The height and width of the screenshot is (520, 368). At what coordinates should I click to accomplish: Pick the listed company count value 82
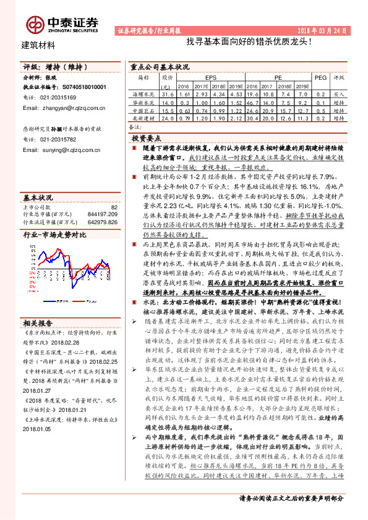[114, 207]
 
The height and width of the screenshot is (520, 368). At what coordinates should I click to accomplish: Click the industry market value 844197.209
[101, 214]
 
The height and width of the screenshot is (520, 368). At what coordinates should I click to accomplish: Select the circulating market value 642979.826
[101, 220]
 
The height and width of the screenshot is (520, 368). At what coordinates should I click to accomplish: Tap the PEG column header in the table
[320, 78]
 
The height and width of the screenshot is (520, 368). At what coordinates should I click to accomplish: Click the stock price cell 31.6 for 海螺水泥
[168, 94]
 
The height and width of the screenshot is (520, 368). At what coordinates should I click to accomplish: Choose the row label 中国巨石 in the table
[143, 109]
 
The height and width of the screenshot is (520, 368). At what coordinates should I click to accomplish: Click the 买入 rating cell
[338, 94]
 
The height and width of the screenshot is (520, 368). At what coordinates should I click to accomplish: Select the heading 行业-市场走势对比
[55, 235]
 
